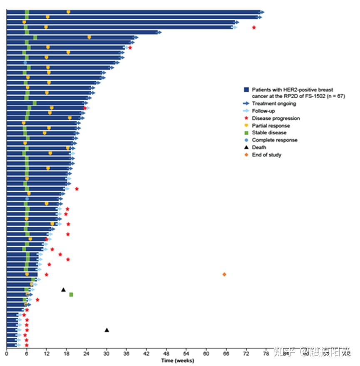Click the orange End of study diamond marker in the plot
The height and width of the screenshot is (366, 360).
pyautogui.click(x=224, y=274)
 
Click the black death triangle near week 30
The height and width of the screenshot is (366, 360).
pyautogui.click(x=107, y=330)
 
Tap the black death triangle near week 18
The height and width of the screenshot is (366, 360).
pyautogui.click(x=63, y=290)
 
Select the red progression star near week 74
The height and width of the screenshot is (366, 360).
pyautogui.click(x=254, y=27)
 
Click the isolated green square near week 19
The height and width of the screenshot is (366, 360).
pyautogui.click(x=71, y=295)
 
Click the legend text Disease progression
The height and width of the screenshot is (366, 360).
pyautogui.click(x=276, y=119)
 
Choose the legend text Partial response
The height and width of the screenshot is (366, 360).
pyautogui.click(x=271, y=126)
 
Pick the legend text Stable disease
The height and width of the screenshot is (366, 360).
pyautogui.click(x=269, y=133)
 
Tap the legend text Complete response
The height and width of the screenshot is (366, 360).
pyautogui.click(x=274, y=140)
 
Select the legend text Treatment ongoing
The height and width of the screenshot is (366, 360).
pyautogui.click(x=274, y=104)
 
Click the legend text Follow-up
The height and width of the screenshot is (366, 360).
pyautogui.click(x=263, y=111)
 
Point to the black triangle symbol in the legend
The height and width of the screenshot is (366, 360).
pyautogui.click(x=246, y=147)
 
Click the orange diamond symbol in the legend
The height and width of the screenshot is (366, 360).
pyautogui.click(x=246, y=155)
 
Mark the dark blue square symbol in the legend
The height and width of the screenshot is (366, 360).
pyautogui.click(x=246, y=90)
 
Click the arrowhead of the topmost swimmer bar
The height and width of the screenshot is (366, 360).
pyautogui.click(x=262, y=12)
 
